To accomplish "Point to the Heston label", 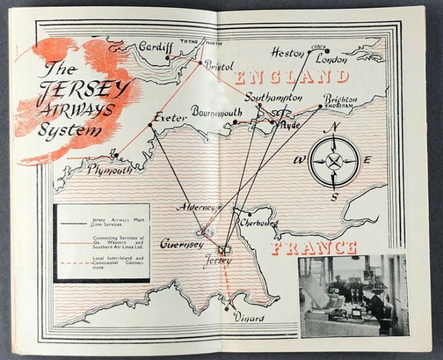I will (288, 52).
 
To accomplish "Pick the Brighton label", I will (340, 98).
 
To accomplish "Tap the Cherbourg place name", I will (258, 223).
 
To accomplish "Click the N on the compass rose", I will (335, 127).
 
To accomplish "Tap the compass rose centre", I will (334, 160).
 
